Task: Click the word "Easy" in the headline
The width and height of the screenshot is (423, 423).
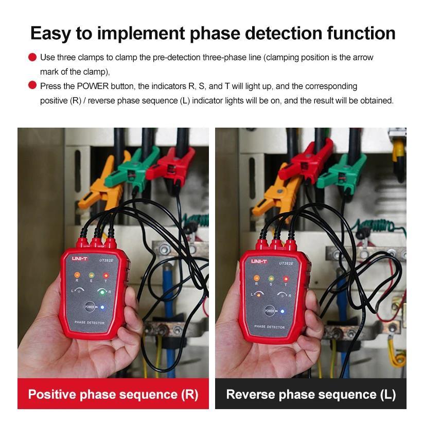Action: pos(50,34)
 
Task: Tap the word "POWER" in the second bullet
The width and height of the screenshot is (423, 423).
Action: pos(93,86)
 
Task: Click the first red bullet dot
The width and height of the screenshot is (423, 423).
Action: pos(32,57)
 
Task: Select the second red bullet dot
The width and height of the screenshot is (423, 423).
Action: pos(32,85)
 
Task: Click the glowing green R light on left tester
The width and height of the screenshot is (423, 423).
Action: pos(102,292)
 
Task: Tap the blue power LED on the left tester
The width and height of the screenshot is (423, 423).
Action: pos(102,307)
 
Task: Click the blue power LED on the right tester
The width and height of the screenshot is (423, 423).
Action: pos(282,311)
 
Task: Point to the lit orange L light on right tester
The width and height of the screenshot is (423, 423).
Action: pos(258,295)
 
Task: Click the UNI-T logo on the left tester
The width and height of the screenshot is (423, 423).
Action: pos(80,259)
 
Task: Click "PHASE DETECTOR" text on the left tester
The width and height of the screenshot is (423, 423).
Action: pos(90,323)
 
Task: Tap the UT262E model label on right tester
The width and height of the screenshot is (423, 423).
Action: pos(286,263)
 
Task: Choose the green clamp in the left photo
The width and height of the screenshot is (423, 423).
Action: pos(132,169)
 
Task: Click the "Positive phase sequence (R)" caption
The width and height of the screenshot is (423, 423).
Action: pos(113,394)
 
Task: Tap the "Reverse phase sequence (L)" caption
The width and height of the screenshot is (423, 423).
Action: pos(311,394)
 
